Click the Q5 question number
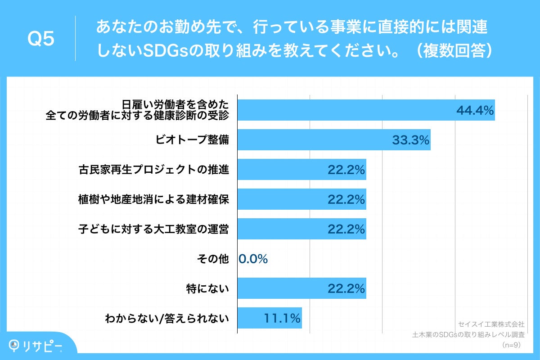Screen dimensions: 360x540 coord(41,39)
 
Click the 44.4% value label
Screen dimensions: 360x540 coord(475,110)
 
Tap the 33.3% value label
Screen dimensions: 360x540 coord(410,140)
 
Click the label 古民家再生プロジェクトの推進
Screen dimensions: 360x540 coord(153,170)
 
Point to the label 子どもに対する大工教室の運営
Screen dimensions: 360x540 coord(153,229)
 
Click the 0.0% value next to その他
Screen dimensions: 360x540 coord(253,259)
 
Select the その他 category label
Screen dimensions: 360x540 coord(213,259)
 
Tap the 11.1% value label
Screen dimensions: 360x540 coord(282,318)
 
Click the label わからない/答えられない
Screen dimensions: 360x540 coord(167,318)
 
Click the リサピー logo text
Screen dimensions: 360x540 coord(42,346)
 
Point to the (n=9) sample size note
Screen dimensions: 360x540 coord(512,345)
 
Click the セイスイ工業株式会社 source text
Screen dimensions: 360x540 coord(491,324)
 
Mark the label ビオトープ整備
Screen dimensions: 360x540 coord(192,140)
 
